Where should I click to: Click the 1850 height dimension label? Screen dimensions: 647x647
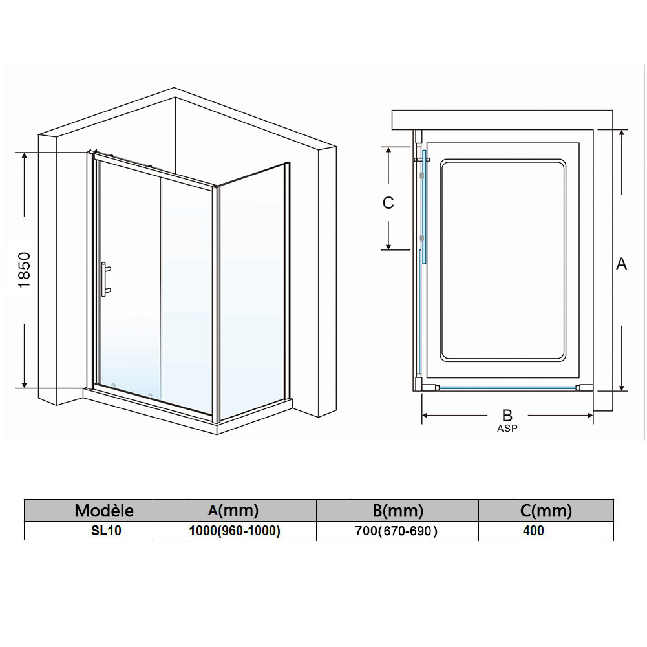(x=25, y=270)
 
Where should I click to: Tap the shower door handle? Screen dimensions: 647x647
(x=105, y=279)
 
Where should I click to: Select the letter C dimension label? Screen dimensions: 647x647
(x=388, y=203)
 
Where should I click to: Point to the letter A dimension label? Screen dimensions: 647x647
(x=621, y=264)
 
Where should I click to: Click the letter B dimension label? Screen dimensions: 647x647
(x=507, y=415)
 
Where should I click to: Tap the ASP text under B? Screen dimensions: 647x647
(x=507, y=429)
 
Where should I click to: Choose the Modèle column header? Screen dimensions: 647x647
(x=104, y=511)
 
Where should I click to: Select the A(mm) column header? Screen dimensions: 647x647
(x=233, y=511)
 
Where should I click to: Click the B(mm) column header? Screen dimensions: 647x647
(x=398, y=511)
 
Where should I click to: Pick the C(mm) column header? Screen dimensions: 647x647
(x=546, y=511)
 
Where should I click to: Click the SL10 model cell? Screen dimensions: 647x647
(x=106, y=531)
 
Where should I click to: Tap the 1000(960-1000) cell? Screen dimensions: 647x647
(x=235, y=531)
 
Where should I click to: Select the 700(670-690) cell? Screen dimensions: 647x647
(x=396, y=531)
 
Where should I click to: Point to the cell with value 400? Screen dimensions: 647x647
(x=533, y=531)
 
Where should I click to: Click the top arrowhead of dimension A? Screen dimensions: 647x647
(x=622, y=134)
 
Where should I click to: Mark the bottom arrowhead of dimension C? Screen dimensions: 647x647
(x=388, y=245)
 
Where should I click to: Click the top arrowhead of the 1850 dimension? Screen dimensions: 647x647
(x=25, y=157)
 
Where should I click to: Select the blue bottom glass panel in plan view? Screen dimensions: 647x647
(x=507, y=388)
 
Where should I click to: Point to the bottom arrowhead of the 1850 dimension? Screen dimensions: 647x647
(x=25, y=383)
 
